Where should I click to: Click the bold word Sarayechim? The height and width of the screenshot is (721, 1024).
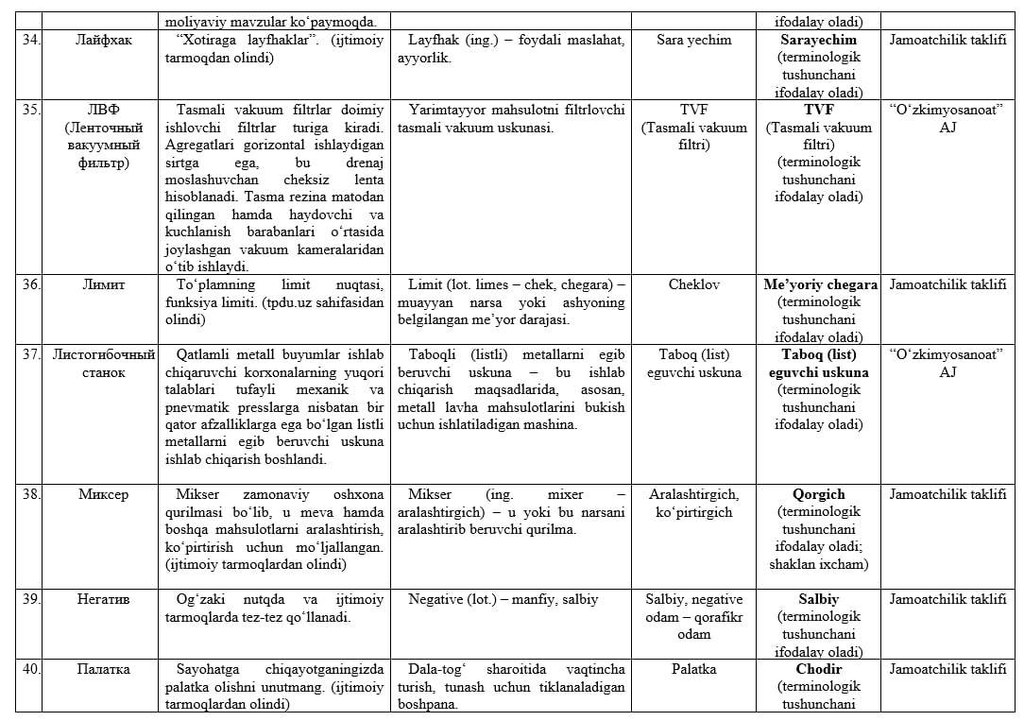[819, 41]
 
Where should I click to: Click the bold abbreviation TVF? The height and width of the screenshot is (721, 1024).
[819, 110]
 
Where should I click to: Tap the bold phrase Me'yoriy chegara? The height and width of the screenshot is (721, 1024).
[819, 284]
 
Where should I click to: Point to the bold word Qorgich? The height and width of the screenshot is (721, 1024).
[819, 494]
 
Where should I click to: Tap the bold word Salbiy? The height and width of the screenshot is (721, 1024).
[819, 599]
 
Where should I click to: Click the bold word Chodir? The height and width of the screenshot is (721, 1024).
[819, 669]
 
